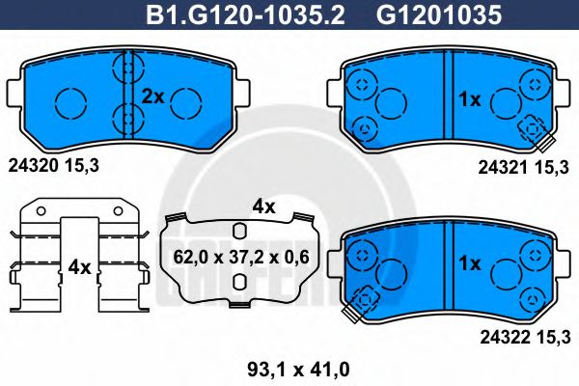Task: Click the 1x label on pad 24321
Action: pos(469,98)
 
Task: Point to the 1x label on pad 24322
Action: pos(469,262)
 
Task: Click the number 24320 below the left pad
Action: pos(30,166)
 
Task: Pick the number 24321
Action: pos(501,167)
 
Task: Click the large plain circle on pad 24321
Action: pos(391,100)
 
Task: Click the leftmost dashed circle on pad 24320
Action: pos(69,99)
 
